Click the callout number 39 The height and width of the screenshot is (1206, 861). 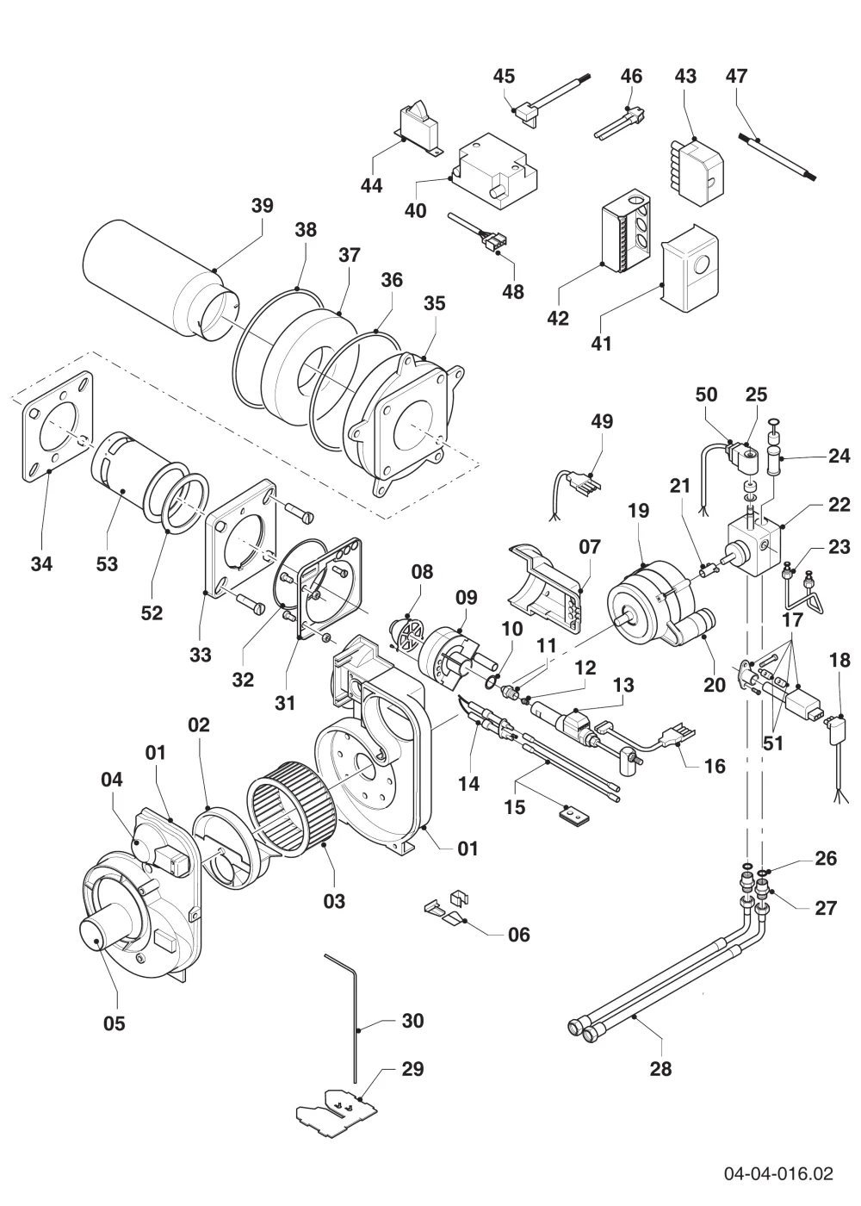click(262, 205)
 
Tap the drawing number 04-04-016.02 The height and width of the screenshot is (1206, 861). click(778, 1173)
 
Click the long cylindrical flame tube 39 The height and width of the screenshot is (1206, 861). click(160, 279)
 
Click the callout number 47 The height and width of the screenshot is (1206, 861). click(736, 76)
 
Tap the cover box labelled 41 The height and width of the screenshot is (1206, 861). click(690, 274)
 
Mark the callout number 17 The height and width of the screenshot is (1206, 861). click(792, 619)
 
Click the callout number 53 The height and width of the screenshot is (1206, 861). click(107, 563)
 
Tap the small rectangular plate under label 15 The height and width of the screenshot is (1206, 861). click(575, 817)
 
